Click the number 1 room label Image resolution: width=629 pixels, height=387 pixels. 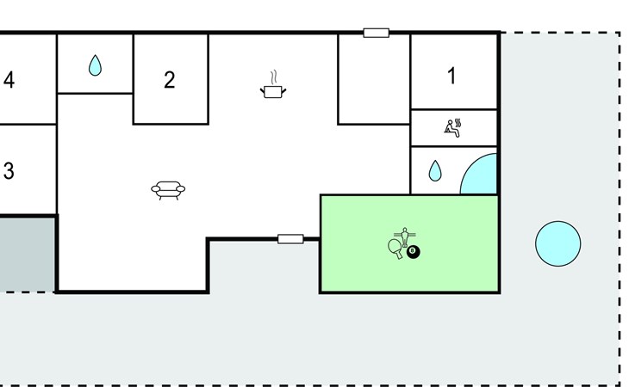coord(452,76)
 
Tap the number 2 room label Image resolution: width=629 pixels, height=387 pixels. coord(170,80)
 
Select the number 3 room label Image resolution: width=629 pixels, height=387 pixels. coord(9,170)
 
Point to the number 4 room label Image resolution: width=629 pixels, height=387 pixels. coord(9,80)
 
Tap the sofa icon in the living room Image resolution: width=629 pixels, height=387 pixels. coord(168,190)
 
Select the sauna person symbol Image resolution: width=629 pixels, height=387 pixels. coord(452,128)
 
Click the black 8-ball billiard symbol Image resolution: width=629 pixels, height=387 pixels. coord(414,251)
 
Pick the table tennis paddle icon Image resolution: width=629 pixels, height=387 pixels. coord(395,249)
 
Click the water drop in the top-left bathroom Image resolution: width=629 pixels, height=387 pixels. coord(95,64)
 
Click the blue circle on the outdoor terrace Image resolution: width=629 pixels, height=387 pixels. coord(557,243)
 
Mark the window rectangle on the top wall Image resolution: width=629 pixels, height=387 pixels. coord(376,33)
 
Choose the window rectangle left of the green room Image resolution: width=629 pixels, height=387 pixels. coord(290,238)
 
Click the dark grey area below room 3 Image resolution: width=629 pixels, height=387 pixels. coord(26,254)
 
